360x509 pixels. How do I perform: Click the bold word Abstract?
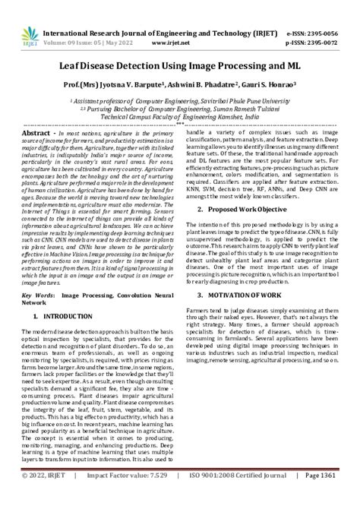(39, 131)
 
